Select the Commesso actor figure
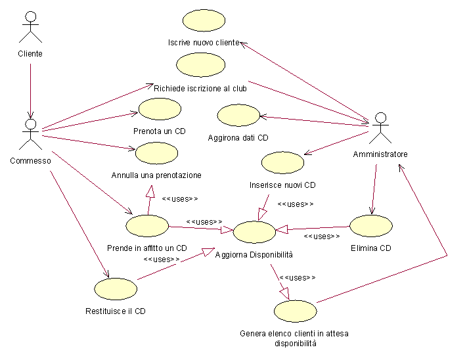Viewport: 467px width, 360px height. [x=30, y=134]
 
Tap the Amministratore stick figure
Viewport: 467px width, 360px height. [x=380, y=127]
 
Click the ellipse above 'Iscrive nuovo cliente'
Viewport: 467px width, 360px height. [x=204, y=20]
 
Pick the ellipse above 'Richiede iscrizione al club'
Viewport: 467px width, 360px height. [x=201, y=64]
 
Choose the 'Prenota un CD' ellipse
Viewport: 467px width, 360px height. [x=160, y=109]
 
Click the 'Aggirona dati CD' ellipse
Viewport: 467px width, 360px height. [x=238, y=115]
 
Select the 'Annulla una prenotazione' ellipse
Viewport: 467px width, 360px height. [x=157, y=153]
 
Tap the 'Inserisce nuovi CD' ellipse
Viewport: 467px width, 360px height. [x=282, y=162]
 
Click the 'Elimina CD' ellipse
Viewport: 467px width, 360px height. [x=371, y=226]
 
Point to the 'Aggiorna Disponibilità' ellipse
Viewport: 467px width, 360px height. [x=254, y=232]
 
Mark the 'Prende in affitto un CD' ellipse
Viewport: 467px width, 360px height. [x=147, y=226]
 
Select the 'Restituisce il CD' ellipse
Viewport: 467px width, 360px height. [x=116, y=289]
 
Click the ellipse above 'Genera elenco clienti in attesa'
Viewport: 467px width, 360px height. [x=296, y=311]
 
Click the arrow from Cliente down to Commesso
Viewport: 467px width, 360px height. [x=30, y=91]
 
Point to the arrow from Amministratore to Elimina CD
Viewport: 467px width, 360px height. [x=374, y=189]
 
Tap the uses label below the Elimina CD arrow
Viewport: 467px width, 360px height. [x=322, y=236]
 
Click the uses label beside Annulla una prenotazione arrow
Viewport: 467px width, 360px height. [x=180, y=198]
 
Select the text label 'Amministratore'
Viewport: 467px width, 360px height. [x=380, y=154]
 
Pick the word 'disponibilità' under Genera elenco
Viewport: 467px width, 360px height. [x=296, y=344]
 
